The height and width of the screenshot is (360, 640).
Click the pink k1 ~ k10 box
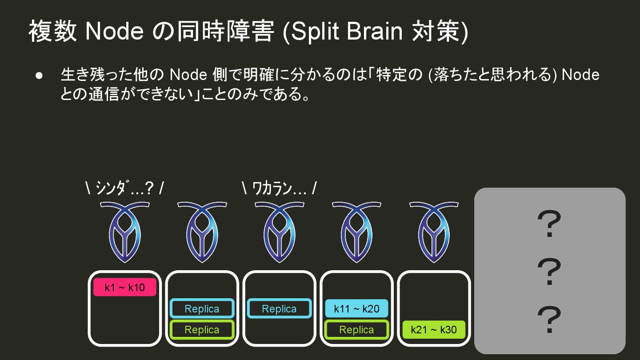click(124, 287)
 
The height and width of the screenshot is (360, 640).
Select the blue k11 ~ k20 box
click(356, 309)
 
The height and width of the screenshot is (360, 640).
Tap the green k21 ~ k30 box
click(433, 330)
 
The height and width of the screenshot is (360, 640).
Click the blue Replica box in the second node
click(202, 309)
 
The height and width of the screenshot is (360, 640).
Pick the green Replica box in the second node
click(202, 330)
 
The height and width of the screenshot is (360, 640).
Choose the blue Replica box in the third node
click(279, 309)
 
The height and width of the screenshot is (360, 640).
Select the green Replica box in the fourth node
click(356, 330)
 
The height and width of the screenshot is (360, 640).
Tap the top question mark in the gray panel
click(549, 224)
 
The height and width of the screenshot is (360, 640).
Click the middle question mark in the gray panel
click(549, 272)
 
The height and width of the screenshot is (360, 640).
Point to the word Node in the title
click(114, 32)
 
